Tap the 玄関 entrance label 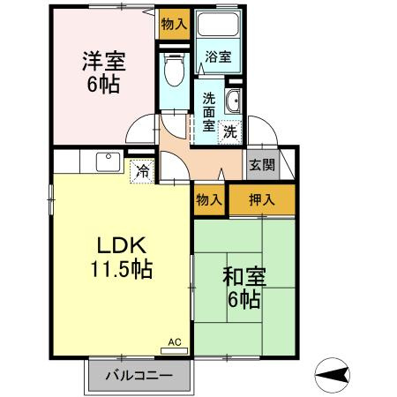[x=261, y=164]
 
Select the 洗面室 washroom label [x=208, y=111]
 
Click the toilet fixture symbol [x=173, y=67]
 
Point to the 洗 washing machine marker [x=229, y=133]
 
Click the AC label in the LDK [x=174, y=341]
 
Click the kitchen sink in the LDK [x=109, y=162]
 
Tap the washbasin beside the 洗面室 [x=235, y=100]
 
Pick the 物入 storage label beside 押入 [x=208, y=200]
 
